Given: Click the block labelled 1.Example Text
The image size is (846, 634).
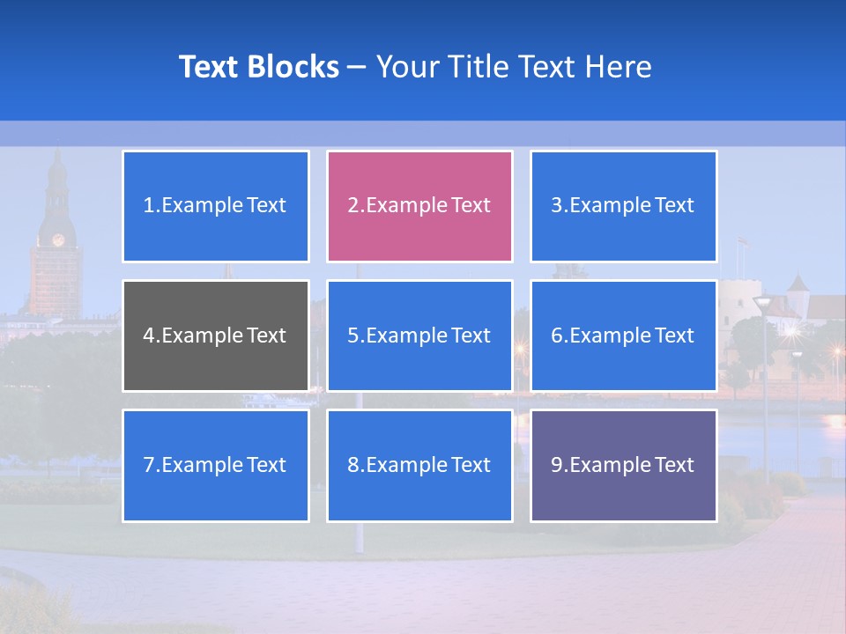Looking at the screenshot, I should coord(215,206).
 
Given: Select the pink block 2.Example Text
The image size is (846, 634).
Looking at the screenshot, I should coord(419,206).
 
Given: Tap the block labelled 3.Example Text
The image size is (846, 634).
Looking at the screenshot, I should coord(623,206).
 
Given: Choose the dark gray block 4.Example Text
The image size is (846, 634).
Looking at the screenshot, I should coord(215,335).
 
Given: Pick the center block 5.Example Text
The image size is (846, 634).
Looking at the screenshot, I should coord(419,335).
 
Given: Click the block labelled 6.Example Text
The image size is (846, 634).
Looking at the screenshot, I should coord(623,335).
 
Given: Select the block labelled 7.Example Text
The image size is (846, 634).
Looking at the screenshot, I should coord(215,465).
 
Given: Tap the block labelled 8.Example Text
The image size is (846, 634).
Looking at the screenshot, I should coord(419,465).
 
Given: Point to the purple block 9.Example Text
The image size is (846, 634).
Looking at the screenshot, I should coord(623,465).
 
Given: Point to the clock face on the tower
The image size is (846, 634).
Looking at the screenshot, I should coord(58,240).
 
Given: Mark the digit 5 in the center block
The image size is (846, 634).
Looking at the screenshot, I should coord(352,335).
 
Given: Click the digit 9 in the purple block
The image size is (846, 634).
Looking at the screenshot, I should coord(557,465).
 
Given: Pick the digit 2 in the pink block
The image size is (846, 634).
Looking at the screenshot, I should coord(352,206).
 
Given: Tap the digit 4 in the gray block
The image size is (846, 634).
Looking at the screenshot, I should coord(148,335).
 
